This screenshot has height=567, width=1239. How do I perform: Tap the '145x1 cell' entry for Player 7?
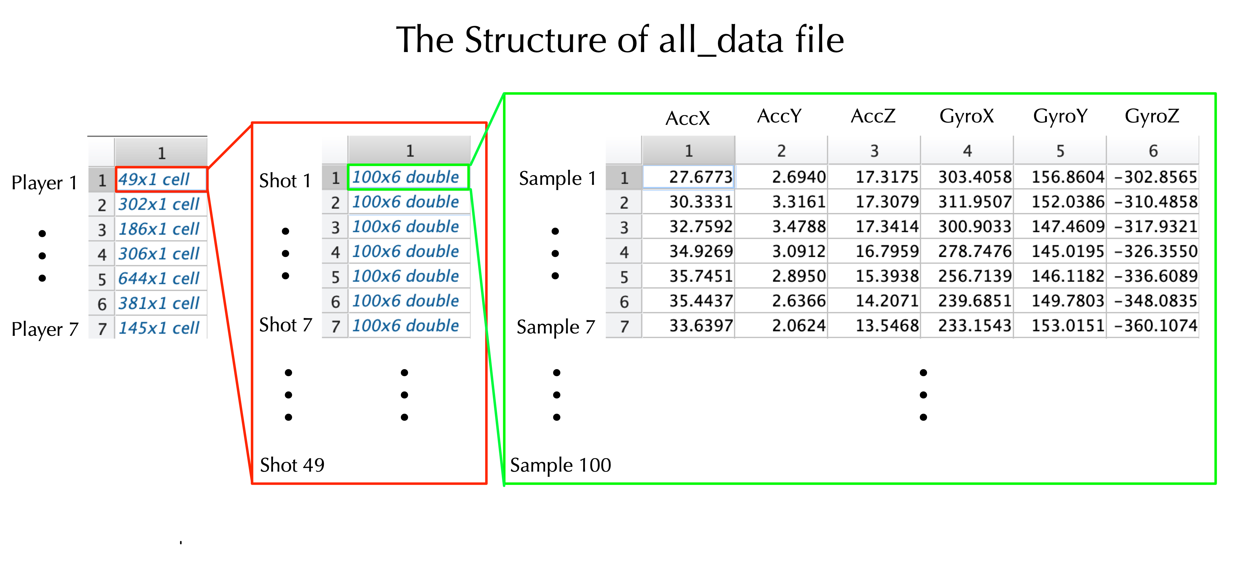pyautogui.click(x=159, y=328)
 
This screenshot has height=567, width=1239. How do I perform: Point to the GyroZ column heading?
pyautogui.click(x=1152, y=116)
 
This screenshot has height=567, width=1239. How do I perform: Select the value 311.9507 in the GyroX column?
pyautogui.click(x=975, y=202)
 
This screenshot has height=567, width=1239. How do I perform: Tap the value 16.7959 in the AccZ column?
pyautogui.click(x=887, y=251)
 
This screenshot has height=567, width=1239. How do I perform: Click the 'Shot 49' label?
pyautogui.click(x=292, y=465)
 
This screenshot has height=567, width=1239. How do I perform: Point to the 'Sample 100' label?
pyautogui.click(x=560, y=465)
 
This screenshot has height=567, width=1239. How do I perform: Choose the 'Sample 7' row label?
pyautogui.click(x=556, y=327)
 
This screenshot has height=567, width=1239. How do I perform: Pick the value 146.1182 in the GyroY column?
pyautogui.click(x=1068, y=276)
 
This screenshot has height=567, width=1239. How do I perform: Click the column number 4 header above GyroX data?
pyautogui.click(x=967, y=151)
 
